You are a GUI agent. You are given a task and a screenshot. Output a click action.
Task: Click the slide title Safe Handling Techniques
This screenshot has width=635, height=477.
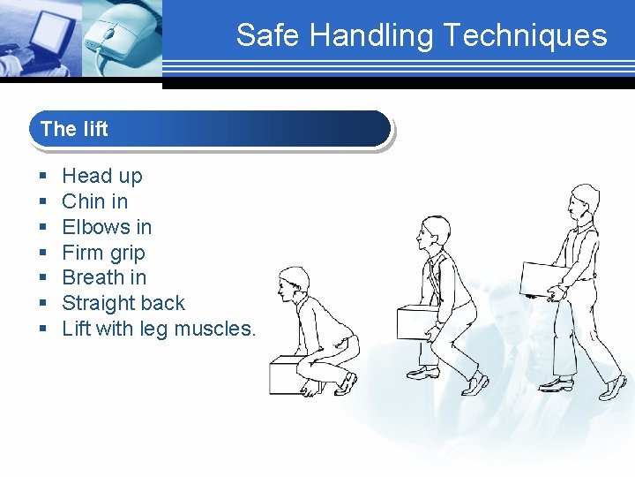click(x=421, y=35)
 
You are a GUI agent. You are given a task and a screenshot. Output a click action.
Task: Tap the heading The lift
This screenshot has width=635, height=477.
click(x=74, y=129)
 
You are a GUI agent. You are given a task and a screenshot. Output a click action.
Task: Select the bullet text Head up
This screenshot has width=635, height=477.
click(x=101, y=176)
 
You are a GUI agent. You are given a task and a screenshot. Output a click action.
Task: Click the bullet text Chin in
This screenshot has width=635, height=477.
click(x=94, y=201)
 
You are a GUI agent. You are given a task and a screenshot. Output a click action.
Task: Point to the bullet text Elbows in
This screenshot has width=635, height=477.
click(x=107, y=227)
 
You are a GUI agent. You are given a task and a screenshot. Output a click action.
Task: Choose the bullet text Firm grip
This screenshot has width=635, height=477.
click(x=103, y=253)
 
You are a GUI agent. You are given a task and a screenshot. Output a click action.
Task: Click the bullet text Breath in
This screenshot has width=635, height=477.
click(x=104, y=277)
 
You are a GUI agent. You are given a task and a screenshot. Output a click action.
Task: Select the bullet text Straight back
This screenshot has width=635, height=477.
click(x=123, y=303)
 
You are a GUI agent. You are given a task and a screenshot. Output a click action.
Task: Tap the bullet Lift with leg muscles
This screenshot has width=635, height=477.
click(x=159, y=329)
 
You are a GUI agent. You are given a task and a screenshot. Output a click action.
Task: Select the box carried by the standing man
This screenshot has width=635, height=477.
click(x=543, y=277)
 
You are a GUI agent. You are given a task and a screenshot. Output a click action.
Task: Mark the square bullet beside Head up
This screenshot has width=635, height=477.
click(x=42, y=177)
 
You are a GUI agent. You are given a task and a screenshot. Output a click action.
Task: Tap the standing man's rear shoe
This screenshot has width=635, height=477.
click(x=556, y=384)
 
